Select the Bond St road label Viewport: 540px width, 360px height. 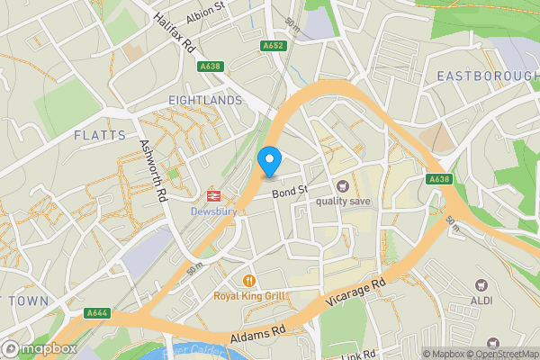coord(291,191)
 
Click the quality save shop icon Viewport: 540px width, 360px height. coord(342,185)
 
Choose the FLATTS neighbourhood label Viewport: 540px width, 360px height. coord(100,135)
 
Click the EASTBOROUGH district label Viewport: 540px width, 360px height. coord(486,76)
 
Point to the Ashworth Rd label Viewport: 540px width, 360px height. coord(153,170)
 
